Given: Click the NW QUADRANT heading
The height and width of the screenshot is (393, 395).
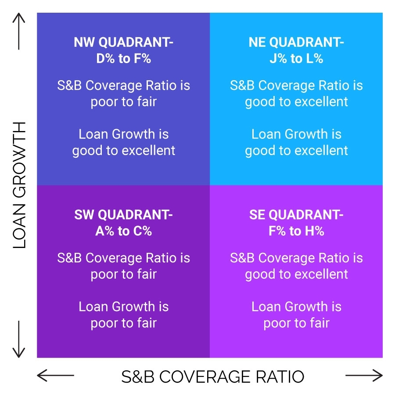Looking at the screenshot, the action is pos(123,42).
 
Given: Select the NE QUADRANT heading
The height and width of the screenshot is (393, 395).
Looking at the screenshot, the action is pos(296,42).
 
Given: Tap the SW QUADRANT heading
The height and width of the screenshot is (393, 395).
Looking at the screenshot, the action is pos(123,215).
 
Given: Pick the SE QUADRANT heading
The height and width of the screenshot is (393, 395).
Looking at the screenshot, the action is pos(296,215).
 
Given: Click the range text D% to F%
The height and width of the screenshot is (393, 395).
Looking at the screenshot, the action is pos(123,58).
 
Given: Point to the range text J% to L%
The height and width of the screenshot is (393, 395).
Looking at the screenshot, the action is pos(296,58).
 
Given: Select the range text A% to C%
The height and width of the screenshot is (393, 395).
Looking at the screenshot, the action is pos(123,231).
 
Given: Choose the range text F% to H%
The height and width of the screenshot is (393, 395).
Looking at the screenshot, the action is pos(296,231).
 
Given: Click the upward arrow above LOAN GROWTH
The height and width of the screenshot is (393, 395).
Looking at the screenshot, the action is pos(19,32).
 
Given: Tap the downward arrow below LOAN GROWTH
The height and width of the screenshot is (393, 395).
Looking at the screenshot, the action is pos(19,339).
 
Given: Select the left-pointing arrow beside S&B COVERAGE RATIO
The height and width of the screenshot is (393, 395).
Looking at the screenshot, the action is pos(55,375).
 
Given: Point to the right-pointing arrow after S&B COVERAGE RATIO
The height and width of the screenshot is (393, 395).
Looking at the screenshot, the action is pos(364,375).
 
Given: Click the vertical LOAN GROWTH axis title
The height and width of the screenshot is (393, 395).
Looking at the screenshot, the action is pos(19,185).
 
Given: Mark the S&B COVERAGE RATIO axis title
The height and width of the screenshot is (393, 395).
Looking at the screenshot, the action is pos(212,376).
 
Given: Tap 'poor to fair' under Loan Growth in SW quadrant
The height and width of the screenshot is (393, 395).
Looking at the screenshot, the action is pos(123,323).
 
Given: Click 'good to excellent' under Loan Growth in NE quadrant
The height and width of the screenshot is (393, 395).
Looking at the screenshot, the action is pos(296,151).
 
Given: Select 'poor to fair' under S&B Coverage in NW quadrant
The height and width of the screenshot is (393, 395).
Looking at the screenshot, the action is pos(123,102).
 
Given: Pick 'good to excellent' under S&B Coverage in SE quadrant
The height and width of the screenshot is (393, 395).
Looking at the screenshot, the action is pos(296,274).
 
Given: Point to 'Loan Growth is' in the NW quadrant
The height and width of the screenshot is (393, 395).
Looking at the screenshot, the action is pos(123,134).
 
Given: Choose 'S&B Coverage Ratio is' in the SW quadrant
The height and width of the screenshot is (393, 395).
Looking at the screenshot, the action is pos(123,258).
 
